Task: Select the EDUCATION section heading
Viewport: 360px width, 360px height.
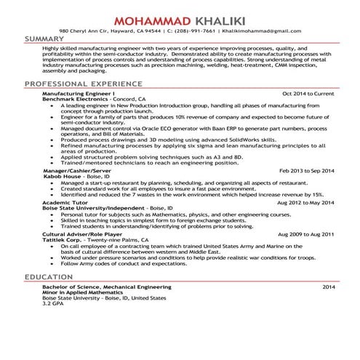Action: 48,278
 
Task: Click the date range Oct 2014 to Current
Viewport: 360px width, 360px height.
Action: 308,94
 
